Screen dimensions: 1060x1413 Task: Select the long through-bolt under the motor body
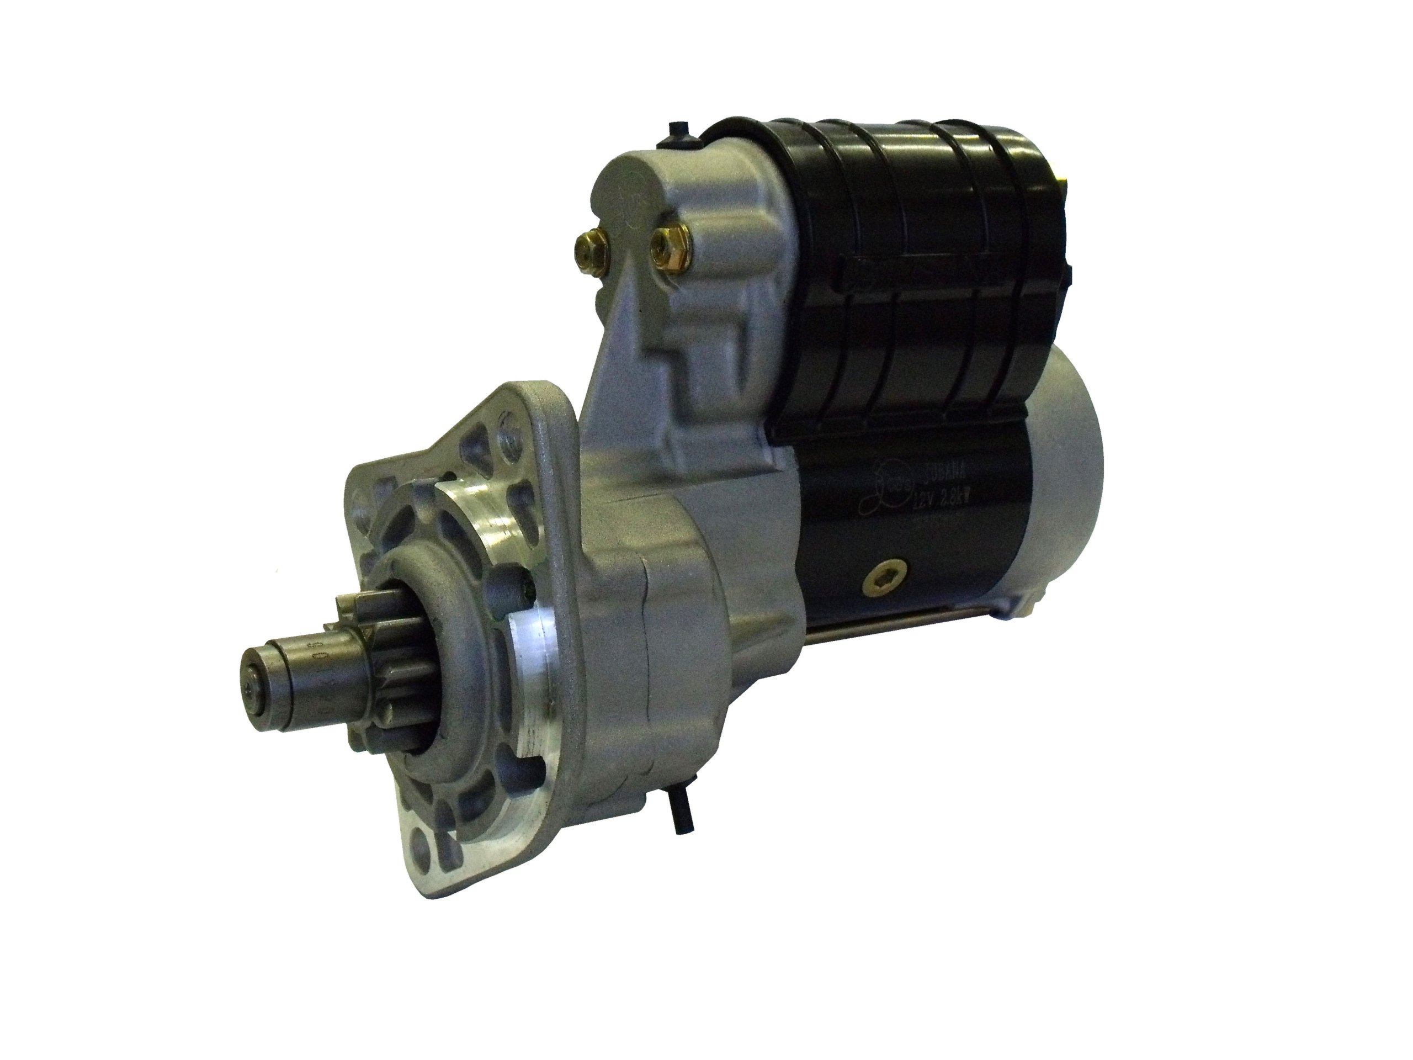click(907, 619)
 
